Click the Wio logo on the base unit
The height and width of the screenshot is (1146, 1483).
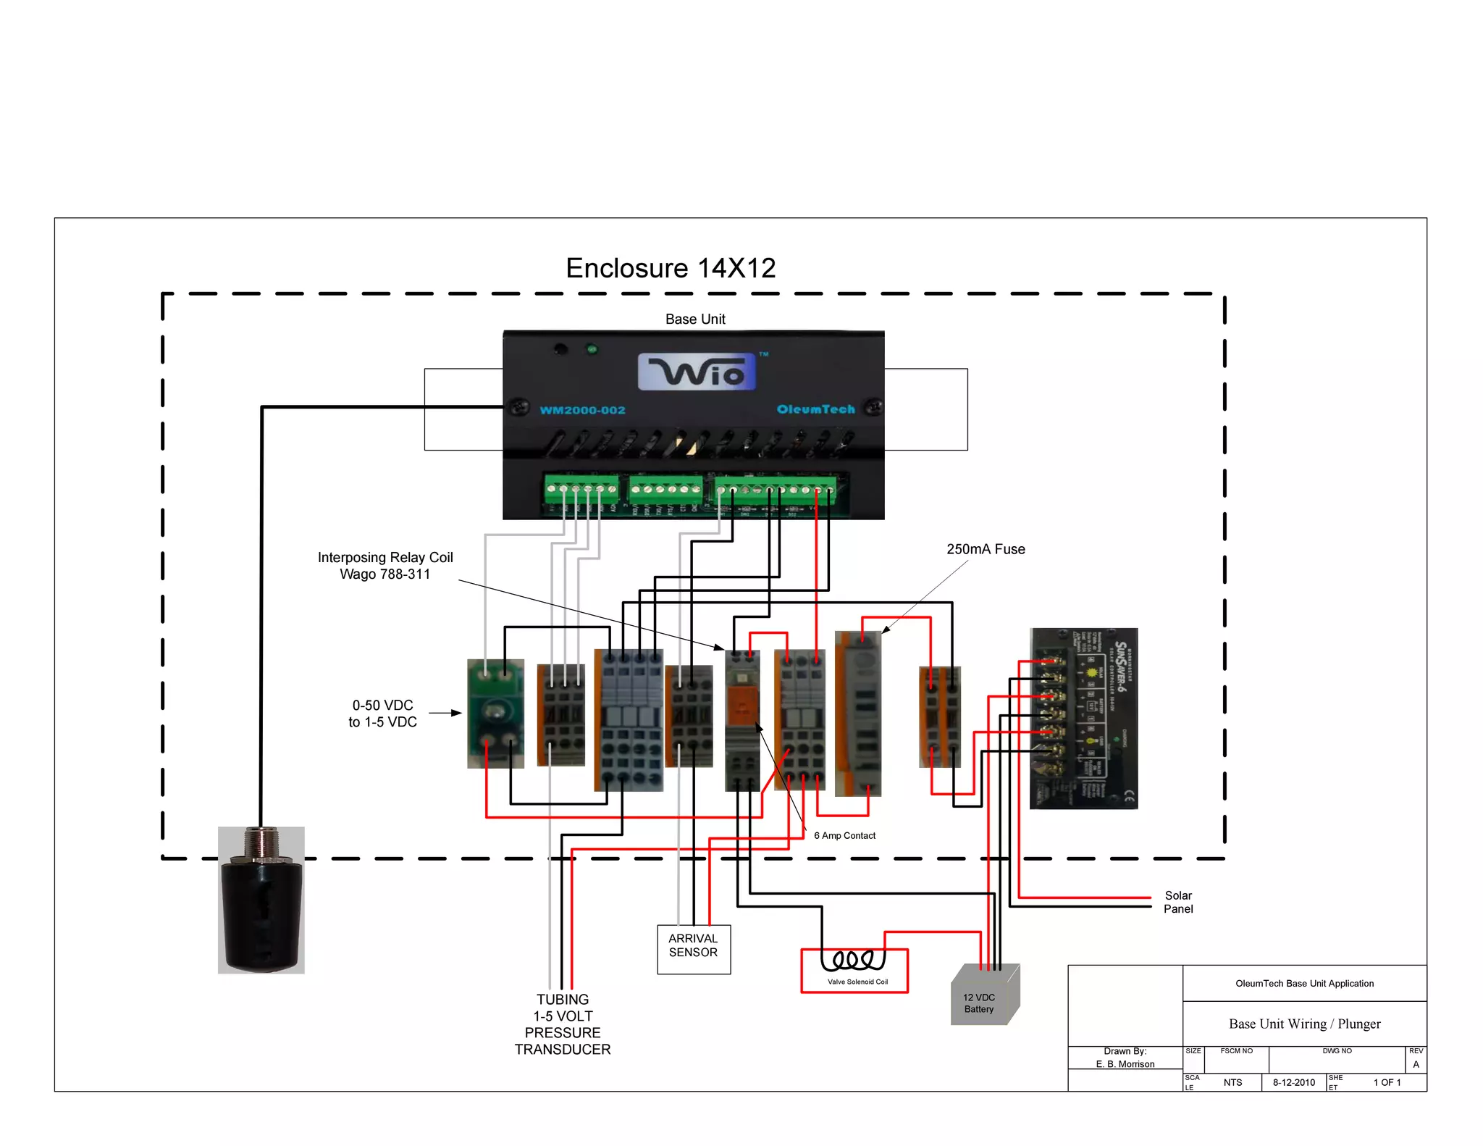(x=697, y=372)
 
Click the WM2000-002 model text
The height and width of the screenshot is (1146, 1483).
(x=582, y=410)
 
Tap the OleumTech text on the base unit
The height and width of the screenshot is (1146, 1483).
(x=815, y=409)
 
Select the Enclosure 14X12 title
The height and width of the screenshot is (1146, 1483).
(x=670, y=268)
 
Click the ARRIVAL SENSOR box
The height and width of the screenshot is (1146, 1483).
(x=694, y=948)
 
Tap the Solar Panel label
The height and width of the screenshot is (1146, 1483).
(x=1177, y=902)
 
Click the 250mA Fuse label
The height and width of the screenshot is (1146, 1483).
(x=986, y=549)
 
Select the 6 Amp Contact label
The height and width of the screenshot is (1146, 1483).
(x=844, y=835)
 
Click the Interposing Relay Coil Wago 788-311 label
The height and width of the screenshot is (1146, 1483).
(x=385, y=565)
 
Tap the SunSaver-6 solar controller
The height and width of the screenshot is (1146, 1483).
(x=1083, y=718)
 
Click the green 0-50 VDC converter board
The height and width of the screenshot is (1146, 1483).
(x=495, y=714)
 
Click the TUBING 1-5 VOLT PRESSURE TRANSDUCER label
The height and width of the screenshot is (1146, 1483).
(x=563, y=1024)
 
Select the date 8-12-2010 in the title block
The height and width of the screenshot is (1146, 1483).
(x=1293, y=1082)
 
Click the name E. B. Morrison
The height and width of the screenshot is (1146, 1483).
(x=1125, y=1063)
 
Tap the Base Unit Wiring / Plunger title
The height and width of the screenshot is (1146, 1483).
(x=1304, y=1024)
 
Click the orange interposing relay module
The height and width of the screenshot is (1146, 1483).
(x=742, y=719)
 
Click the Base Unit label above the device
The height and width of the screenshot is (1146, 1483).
(x=695, y=319)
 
